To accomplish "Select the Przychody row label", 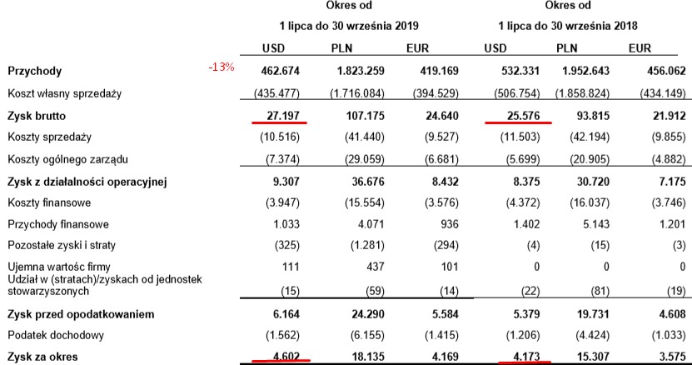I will [34, 72].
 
